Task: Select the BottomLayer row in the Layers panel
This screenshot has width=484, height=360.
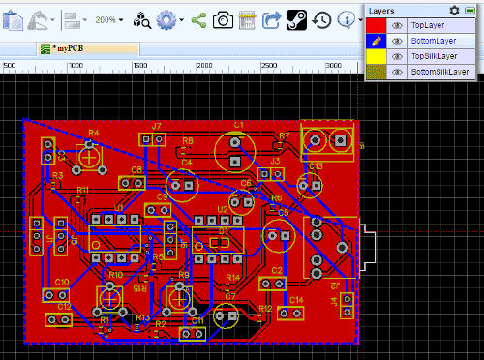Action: pos(433,41)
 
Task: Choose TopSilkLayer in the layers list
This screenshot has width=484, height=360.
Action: pos(435,56)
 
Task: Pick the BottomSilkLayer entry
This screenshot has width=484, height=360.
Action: pos(439,72)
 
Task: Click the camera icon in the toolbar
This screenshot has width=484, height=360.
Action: pos(223,18)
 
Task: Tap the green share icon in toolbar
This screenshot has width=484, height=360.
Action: pos(197,18)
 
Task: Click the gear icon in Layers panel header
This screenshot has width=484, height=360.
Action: pos(455,9)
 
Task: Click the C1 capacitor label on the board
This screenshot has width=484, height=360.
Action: pos(238,125)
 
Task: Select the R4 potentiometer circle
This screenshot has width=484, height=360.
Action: pos(89,152)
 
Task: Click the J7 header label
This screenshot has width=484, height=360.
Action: pos(156,126)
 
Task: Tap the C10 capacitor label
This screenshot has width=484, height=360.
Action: pos(61,282)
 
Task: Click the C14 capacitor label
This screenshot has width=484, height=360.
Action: pos(296,300)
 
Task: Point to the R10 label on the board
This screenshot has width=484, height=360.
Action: pos(115,275)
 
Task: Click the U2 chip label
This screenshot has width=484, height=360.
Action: pos(223,209)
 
